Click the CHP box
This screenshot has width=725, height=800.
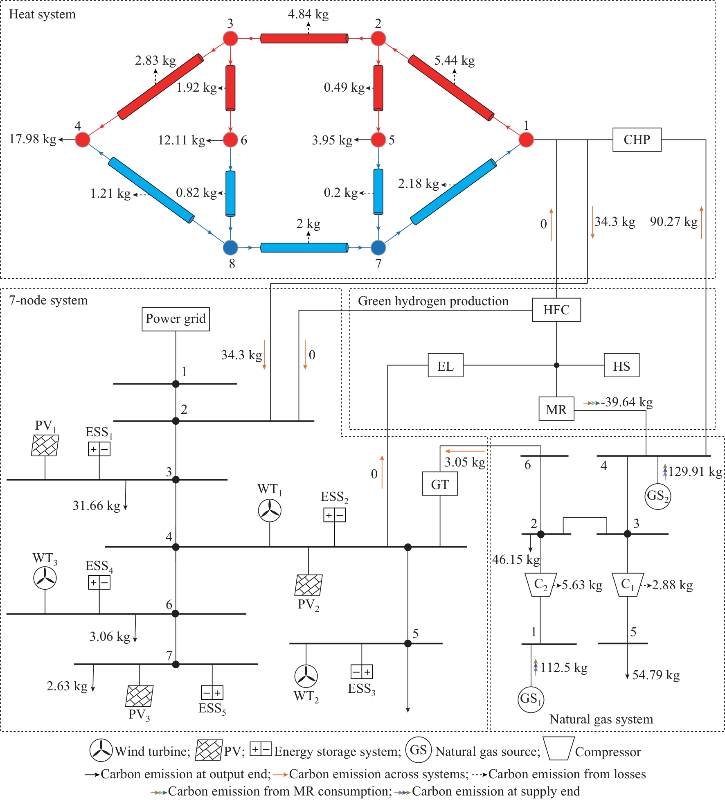(x=637, y=140)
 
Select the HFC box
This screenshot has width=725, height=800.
(x=556, y=310)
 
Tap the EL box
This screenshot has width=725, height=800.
(x=446, y=365)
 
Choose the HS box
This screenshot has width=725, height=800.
(x=621, y=365)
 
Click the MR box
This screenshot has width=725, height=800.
(x=556, y=409)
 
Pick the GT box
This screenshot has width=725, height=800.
(x=440, y=484)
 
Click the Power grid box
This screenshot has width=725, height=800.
(x=176, y=319)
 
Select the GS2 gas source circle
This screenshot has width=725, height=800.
(x=657, y=496)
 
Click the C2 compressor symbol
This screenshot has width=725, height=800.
(x=540, y=585)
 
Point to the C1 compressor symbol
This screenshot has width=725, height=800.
(x=628, y=585)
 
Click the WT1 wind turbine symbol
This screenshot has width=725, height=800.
(x=270, y=511)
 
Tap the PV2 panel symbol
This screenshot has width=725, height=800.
(x=308, y=585)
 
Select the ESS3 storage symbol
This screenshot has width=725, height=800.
(x=362, y=672)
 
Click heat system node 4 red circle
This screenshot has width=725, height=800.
(x=83, y=140)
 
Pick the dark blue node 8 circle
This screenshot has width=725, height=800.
(x=230, y=248)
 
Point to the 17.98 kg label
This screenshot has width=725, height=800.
(x=33, y=139)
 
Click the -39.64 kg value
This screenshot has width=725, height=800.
(x=627, y=402)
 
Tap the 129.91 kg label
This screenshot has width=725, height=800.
(x=695, y=472)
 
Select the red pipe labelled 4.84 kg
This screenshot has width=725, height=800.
(x=304, y=38)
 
